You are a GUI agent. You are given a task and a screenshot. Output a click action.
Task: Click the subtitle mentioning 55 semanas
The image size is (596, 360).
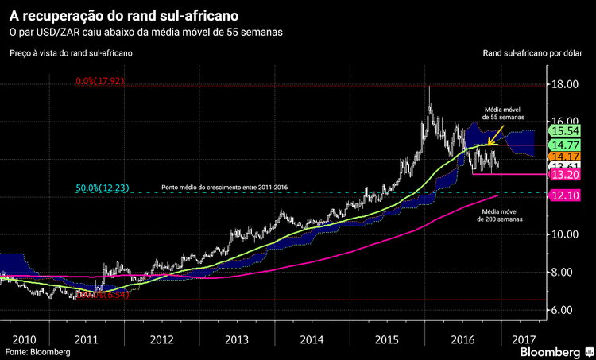pyautogui.click(x=145, y=32)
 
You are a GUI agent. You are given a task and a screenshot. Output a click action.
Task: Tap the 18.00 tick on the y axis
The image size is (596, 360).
pyautogui.click(x=566, y=84)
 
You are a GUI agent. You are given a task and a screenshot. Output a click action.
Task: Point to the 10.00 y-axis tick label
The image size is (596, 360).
pyautogui.click(x=566, y=234)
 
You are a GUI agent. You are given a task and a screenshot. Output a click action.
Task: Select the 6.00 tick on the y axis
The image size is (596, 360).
pyautogui.click(x=566, y=310)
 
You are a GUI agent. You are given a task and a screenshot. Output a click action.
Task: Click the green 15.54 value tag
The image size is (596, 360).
pyautogui.click(x=566, y=130)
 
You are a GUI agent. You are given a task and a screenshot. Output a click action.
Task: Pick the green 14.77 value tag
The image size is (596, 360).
pyautogui.click(x=566, y=145)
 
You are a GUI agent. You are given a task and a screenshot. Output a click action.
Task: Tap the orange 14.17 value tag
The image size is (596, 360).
pyautogui.click(x=566, y=157)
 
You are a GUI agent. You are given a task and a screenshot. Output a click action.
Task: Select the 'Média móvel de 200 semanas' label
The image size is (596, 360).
pyautogui.click(x=498, y=215)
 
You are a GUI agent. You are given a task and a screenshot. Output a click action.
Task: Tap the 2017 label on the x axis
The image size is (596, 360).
pyautogui.click(x=524, y=339)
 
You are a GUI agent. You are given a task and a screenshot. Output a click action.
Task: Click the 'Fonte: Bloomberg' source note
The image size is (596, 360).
pyautogui.click(x=37, y=351)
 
